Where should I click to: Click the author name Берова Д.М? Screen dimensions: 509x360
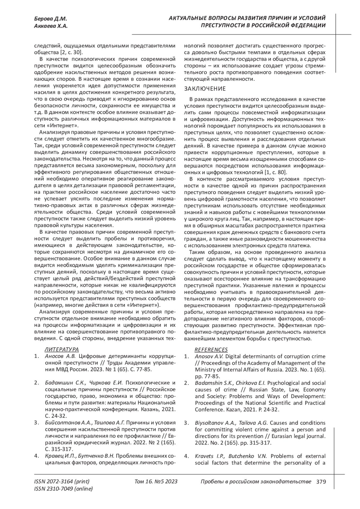[x=50, y=19]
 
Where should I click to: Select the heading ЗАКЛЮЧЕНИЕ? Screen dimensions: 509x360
[x=205, y=89]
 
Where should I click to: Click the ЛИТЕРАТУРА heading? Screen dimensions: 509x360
[x=62, y=349]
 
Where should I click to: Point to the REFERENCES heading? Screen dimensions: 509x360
[x=211, y=349]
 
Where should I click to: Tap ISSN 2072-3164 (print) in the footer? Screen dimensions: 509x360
[x=62, y=482]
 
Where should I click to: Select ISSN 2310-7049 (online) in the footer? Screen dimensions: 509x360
[x=64, y=489]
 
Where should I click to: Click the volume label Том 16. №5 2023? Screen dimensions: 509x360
[x=156, y=482]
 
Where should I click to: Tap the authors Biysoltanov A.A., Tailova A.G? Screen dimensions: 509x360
[x=232, y=423]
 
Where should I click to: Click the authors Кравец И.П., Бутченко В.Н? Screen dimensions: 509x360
[x=79, y=456]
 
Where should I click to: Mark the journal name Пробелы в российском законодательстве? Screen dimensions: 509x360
[x=256, y=482]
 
